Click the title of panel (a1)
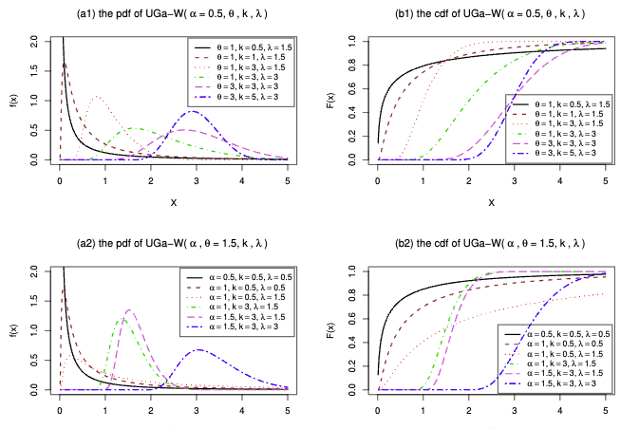176,15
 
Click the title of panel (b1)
492,15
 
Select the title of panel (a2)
176,244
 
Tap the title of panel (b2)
492,244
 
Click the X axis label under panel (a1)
174,202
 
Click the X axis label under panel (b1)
491,202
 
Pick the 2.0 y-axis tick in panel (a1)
35,41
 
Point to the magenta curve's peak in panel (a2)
129,309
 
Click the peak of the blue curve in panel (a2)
197,349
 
